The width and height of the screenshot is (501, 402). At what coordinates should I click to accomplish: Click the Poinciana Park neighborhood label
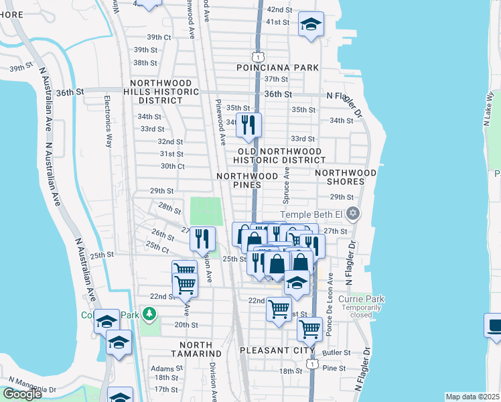point(277,68)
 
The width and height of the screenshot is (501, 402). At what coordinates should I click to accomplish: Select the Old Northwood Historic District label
point(279,155)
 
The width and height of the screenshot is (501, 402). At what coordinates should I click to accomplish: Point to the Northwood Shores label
point(346,176)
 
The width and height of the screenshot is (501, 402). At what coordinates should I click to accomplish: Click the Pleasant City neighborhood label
point(277,350)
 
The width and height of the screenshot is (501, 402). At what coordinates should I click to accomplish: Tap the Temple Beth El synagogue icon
point(354,214)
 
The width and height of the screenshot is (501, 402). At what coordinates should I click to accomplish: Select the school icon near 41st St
point(310,25)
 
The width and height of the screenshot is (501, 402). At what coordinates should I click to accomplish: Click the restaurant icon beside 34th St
point(248,125)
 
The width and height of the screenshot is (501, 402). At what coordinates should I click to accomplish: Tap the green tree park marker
point(149,314)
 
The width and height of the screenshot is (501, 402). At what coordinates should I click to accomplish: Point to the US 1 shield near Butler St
point(312,363)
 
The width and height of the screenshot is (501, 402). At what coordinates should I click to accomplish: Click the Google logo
point(22,394)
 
